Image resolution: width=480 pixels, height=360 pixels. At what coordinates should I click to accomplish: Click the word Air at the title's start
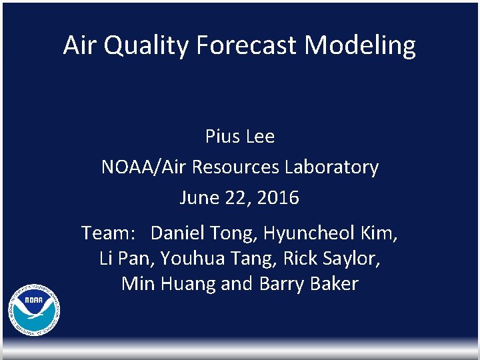pyautogui.click(x=80, y=45)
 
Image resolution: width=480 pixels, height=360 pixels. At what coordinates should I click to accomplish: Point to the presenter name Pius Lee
pyautogui.click(x=240, y=137)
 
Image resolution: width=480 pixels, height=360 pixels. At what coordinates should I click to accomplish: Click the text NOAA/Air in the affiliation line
pyautogui.click(x=143, y=167)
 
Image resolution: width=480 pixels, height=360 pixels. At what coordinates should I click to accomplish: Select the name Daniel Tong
pyautogui.click(x=203, y=233)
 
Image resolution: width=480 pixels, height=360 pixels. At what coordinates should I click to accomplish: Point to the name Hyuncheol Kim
pyautogui.click(x=331, y=233)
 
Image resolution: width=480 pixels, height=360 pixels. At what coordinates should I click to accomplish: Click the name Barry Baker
pyautogui.click(x=308, y=284)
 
